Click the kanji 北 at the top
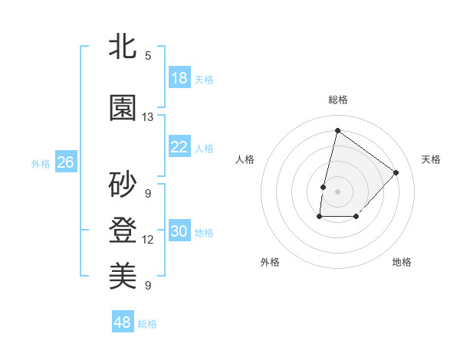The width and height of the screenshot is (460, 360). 123,47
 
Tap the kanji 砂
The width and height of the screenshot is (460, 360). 123,184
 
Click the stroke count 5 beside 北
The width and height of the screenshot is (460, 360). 148,55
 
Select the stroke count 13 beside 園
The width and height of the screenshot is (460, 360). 148,117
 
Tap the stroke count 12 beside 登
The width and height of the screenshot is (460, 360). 148,240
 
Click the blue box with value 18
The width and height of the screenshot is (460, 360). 179,77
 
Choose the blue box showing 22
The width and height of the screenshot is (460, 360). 179,147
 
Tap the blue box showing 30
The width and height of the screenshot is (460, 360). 179,231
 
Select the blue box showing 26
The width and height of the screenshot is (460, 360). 65,162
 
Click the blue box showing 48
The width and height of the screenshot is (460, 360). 123,322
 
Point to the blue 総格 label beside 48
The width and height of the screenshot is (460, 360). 147,324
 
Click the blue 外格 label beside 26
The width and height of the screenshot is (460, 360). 41,163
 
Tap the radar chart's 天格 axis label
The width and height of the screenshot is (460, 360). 431,159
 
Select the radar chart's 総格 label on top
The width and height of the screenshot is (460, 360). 337,100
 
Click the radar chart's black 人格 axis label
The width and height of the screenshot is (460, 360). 245,159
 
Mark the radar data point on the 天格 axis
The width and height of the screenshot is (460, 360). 396,172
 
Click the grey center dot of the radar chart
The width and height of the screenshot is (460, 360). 337,191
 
